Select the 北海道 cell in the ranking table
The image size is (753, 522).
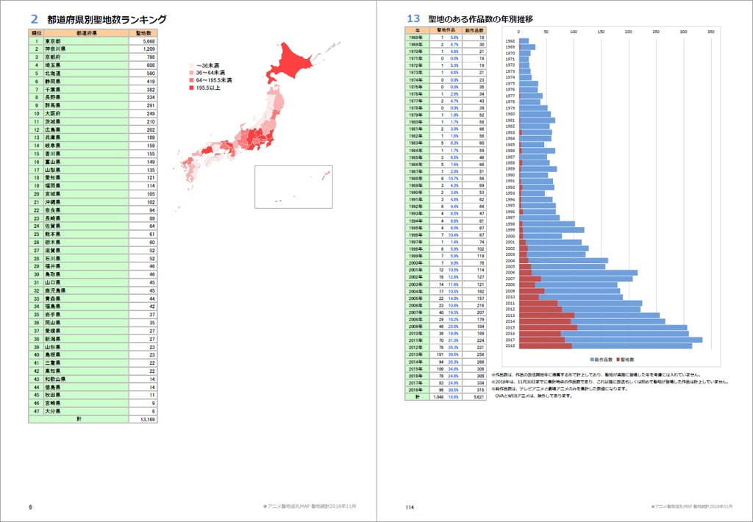point(54,74)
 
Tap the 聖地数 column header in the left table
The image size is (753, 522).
point(143,33)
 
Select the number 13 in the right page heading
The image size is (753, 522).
point(413,19)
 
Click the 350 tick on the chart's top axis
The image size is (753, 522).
point(710,32)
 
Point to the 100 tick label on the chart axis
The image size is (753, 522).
point(574,32)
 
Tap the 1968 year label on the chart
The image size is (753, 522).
point(510,40)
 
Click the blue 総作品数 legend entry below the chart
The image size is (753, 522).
point(602,359)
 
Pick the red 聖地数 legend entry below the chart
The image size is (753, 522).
point(626,359)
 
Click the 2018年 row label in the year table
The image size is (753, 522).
point(417,390)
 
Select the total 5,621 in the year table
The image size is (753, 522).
point(478,397)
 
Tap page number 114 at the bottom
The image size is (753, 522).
point(410,507)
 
